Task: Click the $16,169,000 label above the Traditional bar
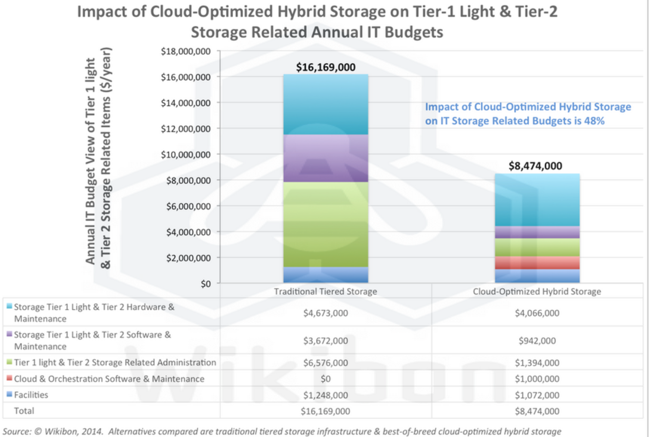[x=325, y=67]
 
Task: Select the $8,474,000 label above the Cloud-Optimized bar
[x=535, y=166]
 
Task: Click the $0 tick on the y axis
[x=206, y=284]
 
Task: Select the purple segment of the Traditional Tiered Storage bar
[x=325, y=158]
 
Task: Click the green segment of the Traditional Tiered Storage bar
[x=325, y=225]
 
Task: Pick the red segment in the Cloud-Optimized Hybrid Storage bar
[x=537, y=263]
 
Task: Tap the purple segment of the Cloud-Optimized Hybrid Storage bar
[x=537, y=232]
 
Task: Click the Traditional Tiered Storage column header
[x=325, y=291]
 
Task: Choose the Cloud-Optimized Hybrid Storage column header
[x=537, y=291]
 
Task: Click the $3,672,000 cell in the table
[x=325, y=341]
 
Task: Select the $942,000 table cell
[x=537, y=341]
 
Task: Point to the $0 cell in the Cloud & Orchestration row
[x=325, y=379]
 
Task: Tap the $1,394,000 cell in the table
[x=537, y=363]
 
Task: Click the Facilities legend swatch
[x=9, y=395]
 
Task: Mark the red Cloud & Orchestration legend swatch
[x=9, y=378]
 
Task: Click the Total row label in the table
[x=24, y=411]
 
